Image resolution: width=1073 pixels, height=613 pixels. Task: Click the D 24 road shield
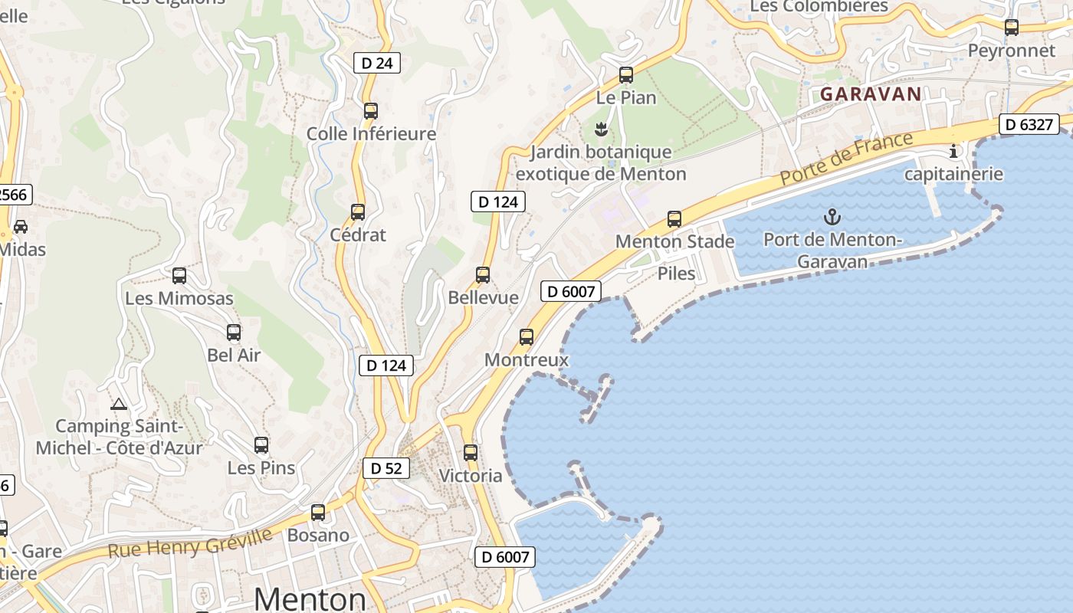pos(377,63)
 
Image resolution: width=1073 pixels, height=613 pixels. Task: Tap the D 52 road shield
pos(386,468)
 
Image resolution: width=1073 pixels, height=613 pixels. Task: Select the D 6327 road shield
pos(1029,124)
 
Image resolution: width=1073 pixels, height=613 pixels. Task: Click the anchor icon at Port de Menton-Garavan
pos(832,217)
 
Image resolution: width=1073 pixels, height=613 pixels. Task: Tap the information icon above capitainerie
pos(953,151)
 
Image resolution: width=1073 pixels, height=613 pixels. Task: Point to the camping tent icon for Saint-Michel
pos(118,404)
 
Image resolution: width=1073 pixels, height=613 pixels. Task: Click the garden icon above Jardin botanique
pos(601,129)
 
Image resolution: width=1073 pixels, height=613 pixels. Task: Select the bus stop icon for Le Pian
pos(626,75)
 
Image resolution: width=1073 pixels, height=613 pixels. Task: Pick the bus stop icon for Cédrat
pos(358,212)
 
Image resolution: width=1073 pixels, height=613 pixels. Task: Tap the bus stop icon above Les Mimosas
pos(179,276)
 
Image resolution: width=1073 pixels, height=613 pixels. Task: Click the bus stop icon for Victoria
pos(471,453)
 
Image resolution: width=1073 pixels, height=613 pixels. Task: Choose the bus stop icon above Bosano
pos(318,513)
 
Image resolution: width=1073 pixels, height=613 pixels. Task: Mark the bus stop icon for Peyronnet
pos(1012,28)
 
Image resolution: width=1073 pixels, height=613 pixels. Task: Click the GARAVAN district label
pos(871,94)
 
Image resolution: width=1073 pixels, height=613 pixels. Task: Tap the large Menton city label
pos(310,598)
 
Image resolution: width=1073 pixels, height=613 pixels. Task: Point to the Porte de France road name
pos(847,158)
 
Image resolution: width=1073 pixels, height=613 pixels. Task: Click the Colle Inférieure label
pos(371,134)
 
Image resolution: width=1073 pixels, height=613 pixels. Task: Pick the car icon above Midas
pos(21,227)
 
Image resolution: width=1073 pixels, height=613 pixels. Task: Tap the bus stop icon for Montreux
pos(527,336)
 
